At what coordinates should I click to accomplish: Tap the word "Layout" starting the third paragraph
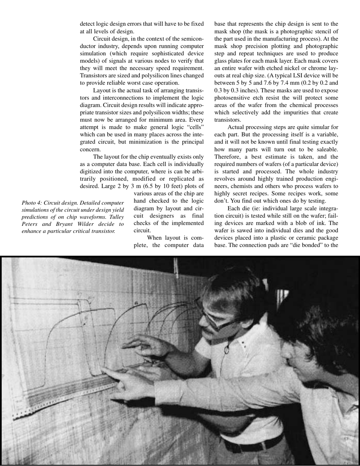click(x=102, y=91)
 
